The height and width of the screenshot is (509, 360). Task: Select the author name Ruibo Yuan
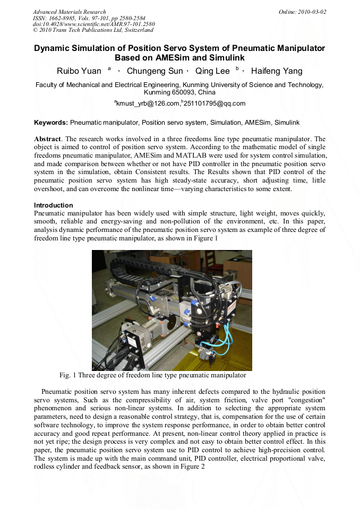pyautogui.click(x=79, y=71)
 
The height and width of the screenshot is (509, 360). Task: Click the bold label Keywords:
pyautogui.click(x=51, y=123)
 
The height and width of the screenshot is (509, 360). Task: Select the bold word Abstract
pyautogui.click(x=47, y=139)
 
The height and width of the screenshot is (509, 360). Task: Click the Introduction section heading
pyautogui.click(x=54, y=205)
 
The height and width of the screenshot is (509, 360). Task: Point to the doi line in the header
pyautogui.click(x=94, y=24)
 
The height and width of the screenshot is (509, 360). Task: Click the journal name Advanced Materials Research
pyautogui.click(x=70, y=12)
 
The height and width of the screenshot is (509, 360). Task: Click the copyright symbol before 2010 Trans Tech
pyautogui.click(x=36, y=30)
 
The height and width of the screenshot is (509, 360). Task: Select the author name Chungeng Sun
pyautogui.click(x=155, y=71)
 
